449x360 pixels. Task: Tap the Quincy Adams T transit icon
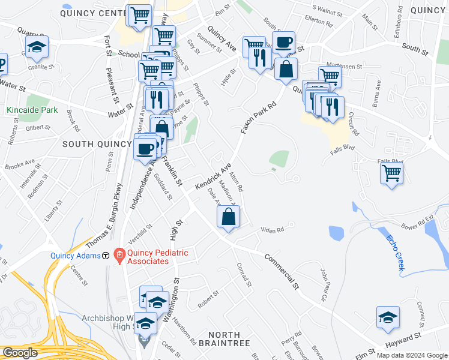coord(106,255)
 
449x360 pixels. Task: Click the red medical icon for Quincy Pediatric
coord(119,255)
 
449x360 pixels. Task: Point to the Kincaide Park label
coord(32,110)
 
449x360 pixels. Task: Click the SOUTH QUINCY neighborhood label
coord(97,144)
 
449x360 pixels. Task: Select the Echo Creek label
coord(394,252)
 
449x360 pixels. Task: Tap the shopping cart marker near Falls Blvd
coord(392,173)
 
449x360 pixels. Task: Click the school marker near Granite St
coord(37,47)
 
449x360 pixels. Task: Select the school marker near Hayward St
coord(388,317)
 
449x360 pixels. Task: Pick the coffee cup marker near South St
coord(283,43)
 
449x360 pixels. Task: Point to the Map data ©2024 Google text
coord(411,355)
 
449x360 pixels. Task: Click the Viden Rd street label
coord(272,229)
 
